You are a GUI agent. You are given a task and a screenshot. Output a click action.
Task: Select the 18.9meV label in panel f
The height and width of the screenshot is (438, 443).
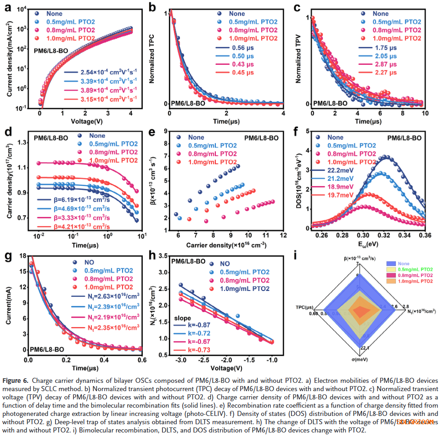[337, 187]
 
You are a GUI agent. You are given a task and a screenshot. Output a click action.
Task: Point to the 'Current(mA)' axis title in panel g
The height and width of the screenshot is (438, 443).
[8, 304]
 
